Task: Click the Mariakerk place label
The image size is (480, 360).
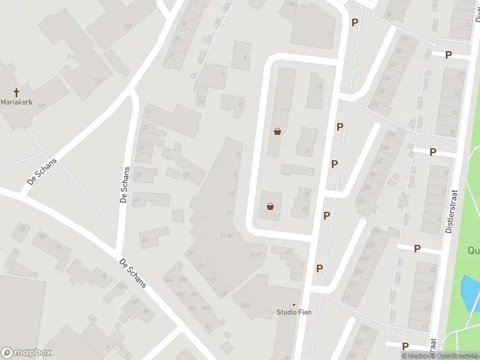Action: tap(17, 103)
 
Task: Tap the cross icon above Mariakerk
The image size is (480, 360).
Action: tap(17, 92)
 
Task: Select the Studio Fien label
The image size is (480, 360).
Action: tap(294, 312)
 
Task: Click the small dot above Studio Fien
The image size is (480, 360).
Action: tap(294, 304)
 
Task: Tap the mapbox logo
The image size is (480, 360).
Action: tap(26, 353)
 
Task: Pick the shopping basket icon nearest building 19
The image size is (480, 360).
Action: tap(277, 132)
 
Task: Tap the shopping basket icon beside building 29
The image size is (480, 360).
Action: tap(271, 208)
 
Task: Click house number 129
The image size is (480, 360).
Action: tap(127, 27)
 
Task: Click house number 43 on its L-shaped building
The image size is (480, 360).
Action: tap(145, 240)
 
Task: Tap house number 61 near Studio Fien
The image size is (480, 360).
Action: tap(288, 253)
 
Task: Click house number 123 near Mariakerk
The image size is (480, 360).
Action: tap(98, 80)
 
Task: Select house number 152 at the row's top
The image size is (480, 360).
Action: tap(405, 38)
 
